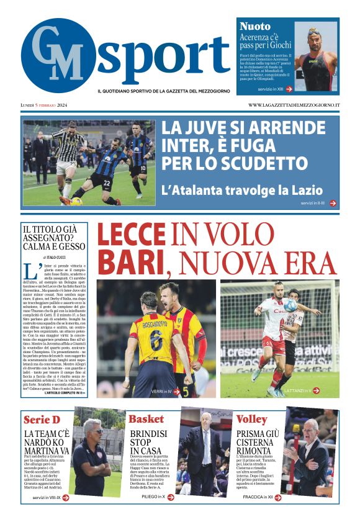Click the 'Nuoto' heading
(x=255, y=26)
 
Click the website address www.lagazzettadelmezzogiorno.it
(x=294, y=105)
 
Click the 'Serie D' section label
(x=42, y=419)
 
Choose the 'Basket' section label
(x=146, y=419)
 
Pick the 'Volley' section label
(x=252, y=419)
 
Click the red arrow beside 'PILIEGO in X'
(x=172, y=497)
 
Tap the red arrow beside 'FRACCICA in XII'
(x=277, y=497)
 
